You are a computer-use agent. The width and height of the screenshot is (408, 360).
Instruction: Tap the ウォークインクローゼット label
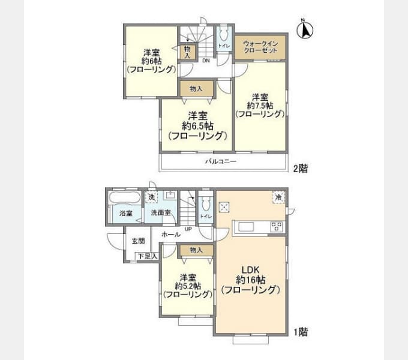[260, 47]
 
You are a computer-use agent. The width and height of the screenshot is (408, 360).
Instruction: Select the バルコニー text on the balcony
[221, 162]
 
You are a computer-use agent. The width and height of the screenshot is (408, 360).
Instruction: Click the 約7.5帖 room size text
[259, 105]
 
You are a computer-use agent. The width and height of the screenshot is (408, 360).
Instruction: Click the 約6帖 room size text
[150, 60]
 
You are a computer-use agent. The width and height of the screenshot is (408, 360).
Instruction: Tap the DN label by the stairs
[205, 61]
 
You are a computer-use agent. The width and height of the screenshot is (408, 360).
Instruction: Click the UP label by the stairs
[188, 229]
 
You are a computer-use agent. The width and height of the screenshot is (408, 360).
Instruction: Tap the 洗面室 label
[161, 213]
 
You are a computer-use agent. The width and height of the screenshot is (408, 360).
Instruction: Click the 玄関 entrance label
[138, 241]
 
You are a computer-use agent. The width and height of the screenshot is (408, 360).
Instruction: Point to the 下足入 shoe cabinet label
[146, 257]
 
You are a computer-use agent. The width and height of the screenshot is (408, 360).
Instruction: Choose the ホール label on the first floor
[171, 235]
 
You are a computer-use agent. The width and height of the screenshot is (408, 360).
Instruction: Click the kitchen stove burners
[277, 227]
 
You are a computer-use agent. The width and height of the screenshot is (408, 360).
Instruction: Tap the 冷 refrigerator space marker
[278, 197]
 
